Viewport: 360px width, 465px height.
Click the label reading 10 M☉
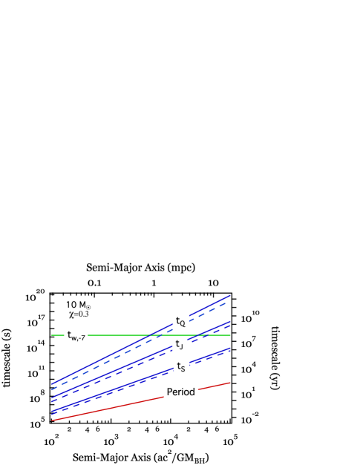(x=78, y=305)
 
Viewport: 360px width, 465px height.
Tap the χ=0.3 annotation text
(x=78, y=314)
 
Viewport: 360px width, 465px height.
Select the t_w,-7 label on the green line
(x=76, y=336)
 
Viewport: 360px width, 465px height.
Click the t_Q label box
(x=181, y=321)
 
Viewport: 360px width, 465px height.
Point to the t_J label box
(x=180, y=345)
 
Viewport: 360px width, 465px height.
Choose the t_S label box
(x=181, y=366)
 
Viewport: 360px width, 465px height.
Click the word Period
(x=181, y=392)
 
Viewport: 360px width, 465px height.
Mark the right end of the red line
(x=230, y=383)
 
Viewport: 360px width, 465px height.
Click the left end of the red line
(x=52, y=420)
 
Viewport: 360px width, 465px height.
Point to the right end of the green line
(x=230, y=335)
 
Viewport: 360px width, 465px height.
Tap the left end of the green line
(x=52, y=335)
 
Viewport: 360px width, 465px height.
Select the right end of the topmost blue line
(x=230, y=295)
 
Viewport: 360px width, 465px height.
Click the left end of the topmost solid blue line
(x=52, y=383)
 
